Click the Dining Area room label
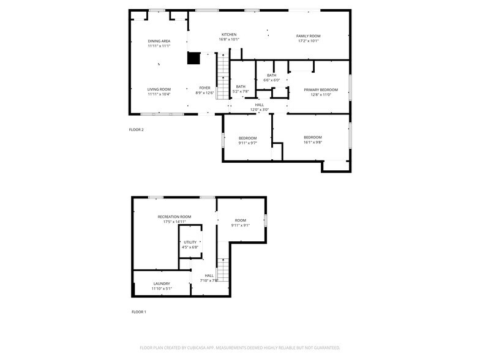click(159, 41)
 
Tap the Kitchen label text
click(228, 34)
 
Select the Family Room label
click(309, 36)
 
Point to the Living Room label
click(159, 89)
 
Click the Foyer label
click(204, 88)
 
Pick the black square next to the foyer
click(194, 59)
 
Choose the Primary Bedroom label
click(321, 89)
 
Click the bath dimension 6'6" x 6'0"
click(271, 80)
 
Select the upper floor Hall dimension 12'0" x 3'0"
click(260, 110)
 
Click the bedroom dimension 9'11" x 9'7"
click(247, 143)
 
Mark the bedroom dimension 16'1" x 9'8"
click(312, 142)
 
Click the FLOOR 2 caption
click(136, 130)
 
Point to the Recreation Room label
click(174, 217)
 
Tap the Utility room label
click(190, 242)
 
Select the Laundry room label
click(162, 283)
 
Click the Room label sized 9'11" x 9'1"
click(240, 220)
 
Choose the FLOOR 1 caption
click(138, 312)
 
